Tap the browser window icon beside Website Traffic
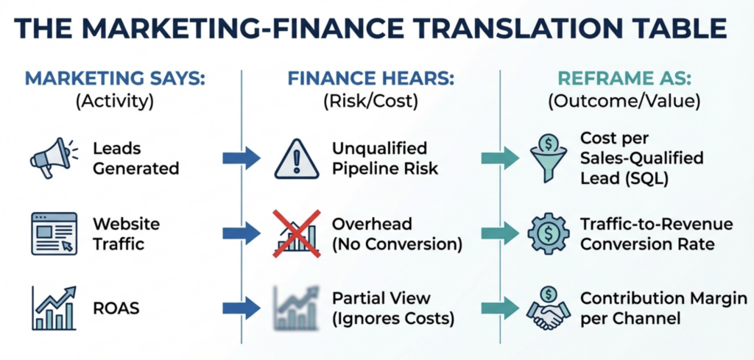point(54,232)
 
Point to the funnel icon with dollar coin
point(549,157)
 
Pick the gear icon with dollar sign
point(549,233)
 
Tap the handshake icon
point(549,309)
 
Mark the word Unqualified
point(380,149)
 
